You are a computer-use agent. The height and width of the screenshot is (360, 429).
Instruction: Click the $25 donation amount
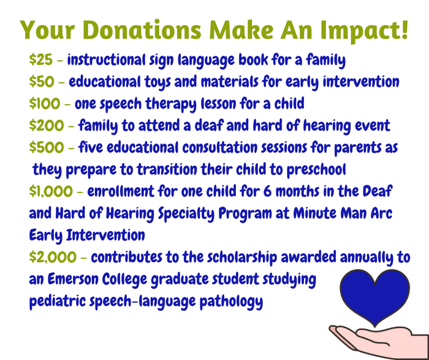(x=41, y=59)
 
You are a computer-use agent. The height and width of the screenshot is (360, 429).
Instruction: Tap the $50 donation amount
(x=42, y=82)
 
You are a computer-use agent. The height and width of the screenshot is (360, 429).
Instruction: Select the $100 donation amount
(x=45, y=104)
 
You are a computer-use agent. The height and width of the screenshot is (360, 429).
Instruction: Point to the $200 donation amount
(x=47, y=125)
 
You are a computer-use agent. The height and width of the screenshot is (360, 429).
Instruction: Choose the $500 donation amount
(x=47, y=147)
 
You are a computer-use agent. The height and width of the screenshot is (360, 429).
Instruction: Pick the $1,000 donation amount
(x=51, y=191)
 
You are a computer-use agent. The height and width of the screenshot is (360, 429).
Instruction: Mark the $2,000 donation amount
(x=53, y=258)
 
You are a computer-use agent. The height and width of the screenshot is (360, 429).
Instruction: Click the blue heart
(x=374, y=296)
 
